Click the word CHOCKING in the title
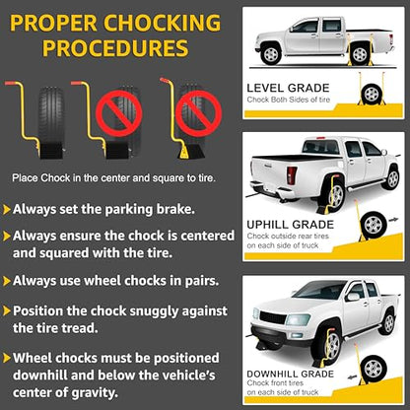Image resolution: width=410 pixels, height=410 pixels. pos(163,23)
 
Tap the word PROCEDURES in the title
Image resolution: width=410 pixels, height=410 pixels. pos(115,48)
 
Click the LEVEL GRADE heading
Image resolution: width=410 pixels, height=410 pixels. pos(288,88)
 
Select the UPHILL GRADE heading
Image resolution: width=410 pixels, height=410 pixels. pos(291,225)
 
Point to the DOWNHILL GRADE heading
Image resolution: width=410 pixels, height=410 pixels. pos(291,374)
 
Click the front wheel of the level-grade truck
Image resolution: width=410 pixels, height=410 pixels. pos(271,54)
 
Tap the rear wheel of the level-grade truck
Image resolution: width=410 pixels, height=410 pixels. pos(360,54)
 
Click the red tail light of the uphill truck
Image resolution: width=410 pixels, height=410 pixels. pos(292,175)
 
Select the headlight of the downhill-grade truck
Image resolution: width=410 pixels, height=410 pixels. pos(298,319)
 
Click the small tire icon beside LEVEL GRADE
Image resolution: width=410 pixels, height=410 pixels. pos(372,95)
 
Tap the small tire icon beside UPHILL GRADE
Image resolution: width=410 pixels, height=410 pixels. pos(374,225)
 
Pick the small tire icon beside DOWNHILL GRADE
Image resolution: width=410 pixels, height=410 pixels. pos(374,367)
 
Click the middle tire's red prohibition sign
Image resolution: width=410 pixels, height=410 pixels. pos(118,113)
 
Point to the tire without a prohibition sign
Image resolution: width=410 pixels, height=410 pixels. pos(51,122)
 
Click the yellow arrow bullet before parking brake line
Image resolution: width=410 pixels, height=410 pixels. pos(7,210)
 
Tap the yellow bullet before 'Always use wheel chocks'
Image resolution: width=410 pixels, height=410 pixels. pos(7,281)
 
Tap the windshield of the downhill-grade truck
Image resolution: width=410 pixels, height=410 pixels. pos(319,290)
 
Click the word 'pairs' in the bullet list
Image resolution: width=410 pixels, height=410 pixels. pos(202,281)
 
